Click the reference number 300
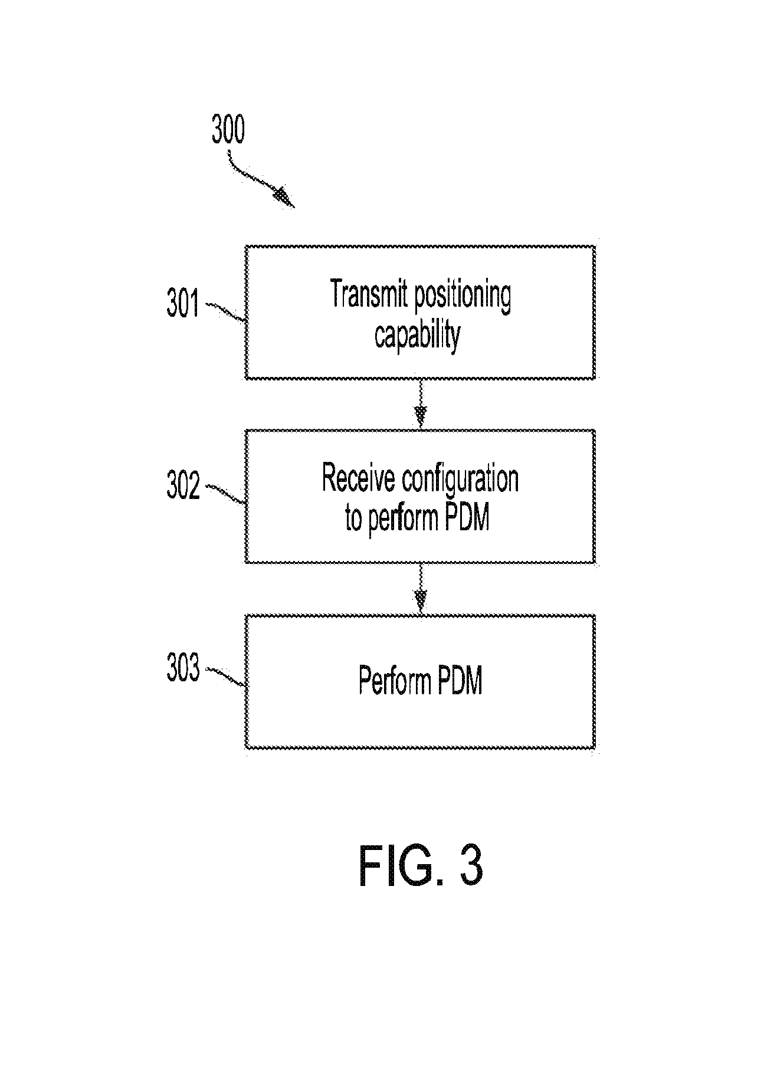point(228,131)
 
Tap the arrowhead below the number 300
point(284,198)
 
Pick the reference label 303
point(183,669)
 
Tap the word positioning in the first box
point(463,297)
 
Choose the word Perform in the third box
point(394,681)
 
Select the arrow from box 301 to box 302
point(420,404)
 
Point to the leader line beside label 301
point(225,312)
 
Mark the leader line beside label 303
point(225,677)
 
